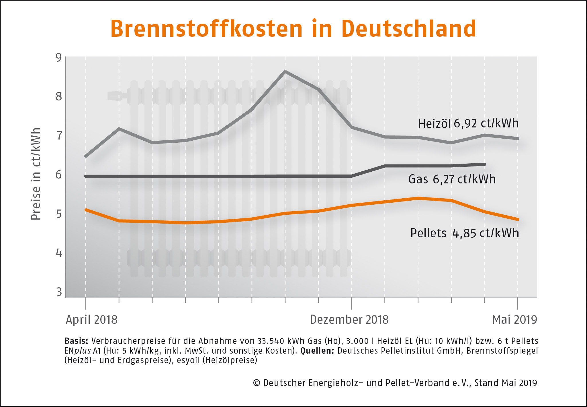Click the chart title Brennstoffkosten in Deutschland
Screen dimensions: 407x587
[293, 29]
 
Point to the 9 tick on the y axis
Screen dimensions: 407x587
[59, 58]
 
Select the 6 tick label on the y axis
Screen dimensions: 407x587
[59, 175]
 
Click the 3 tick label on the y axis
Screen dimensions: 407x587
[59, 292]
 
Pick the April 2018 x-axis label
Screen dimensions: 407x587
[92, 320]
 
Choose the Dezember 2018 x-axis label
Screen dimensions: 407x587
[349, 320]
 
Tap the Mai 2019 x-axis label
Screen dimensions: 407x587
[514, 320]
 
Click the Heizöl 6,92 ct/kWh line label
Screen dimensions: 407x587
[468, 124]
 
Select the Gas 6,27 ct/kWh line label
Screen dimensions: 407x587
[452, 179]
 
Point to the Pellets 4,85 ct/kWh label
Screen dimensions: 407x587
[465, 233]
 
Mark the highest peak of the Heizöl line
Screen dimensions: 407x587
[285, 71]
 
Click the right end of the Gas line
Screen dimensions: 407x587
[485, 164]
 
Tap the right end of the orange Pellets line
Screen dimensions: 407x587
[518, 220]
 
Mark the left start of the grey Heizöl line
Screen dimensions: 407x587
[86, 156]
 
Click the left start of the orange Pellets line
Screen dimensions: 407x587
[86, 210]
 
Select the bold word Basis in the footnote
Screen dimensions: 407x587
[76, 341]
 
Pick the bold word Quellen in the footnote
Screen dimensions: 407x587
[317, 351]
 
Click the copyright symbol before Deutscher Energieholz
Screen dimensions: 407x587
[257, 383]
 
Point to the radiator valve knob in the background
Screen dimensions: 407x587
[115, 96]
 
